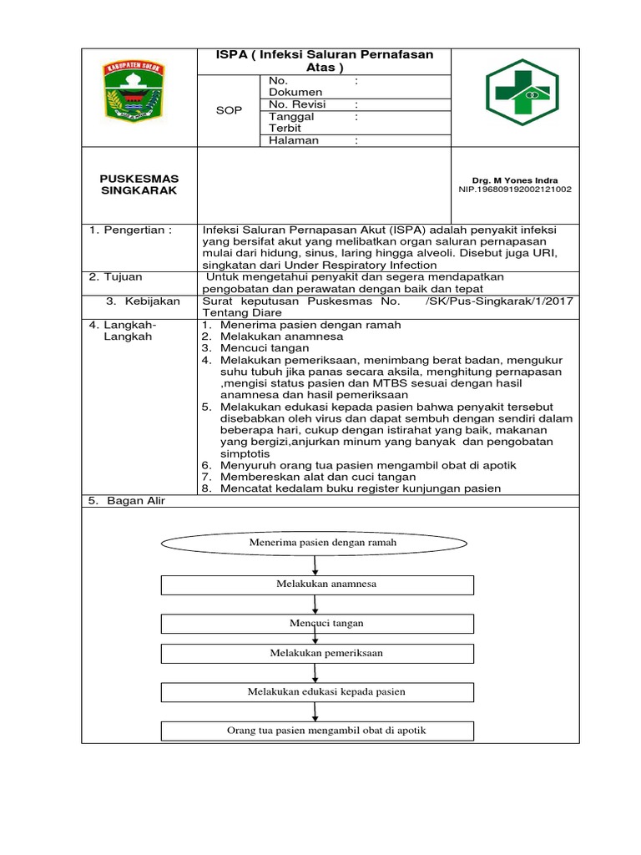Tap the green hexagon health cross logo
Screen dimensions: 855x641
click(x=522, y=92)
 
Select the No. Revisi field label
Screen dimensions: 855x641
click(x=297, y=104)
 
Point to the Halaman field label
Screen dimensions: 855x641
click(x=294, y=141)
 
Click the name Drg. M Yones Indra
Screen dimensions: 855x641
click(x=514, y=180)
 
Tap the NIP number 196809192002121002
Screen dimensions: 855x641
click(x=514, y=190)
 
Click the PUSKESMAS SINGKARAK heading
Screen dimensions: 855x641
click(x=139, y=185)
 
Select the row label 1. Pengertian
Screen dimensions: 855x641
click(x=130, y=230)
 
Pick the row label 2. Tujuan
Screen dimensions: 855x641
click(x=116, y=276)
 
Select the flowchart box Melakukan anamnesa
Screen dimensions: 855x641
click(x=317, y=584)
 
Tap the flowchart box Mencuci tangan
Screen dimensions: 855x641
click(x=317, y=624)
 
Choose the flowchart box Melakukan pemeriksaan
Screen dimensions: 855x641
click(x=317, y=653)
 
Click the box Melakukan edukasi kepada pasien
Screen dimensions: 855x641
click(x=317, y=692)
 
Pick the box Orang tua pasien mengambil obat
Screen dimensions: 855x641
click(x=317, y=731)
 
